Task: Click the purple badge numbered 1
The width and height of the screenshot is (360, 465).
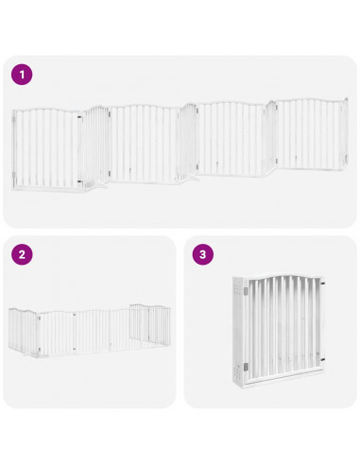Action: click(22, 75)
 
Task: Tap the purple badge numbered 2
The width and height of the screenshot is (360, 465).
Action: click(22, 254)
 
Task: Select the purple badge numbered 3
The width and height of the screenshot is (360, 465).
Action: click(202, 254)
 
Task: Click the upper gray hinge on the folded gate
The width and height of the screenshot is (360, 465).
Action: click(244, 295)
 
